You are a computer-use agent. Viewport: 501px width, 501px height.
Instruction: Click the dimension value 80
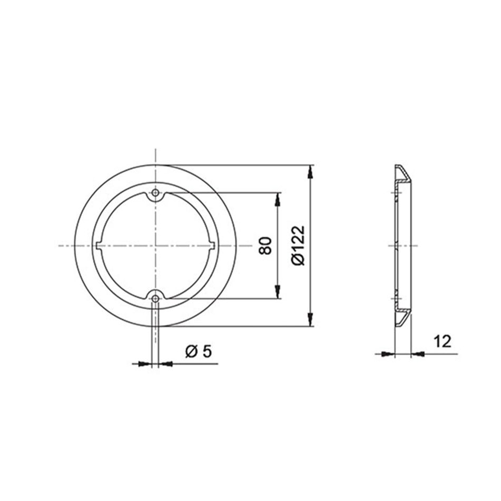tap(266, 246)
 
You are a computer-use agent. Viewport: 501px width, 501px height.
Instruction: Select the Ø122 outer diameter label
tap(299, 245)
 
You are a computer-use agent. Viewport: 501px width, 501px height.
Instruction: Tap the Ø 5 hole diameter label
tap(198, 351)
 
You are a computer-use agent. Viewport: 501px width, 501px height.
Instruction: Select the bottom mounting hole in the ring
tap(155, 299)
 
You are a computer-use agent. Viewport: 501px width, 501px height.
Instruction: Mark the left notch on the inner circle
tap(100, 246)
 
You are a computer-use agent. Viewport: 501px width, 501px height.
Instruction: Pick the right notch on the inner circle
tap(212, 246)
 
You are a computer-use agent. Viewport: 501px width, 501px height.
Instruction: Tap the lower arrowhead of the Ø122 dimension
tap(312, 321)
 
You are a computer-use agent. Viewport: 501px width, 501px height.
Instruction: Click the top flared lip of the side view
tap(402, 173)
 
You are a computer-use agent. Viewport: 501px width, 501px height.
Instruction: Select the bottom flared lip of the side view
tap(402, 319)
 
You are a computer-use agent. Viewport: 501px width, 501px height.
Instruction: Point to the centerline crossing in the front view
tap(155, 246)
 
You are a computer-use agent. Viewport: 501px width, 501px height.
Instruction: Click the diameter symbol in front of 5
tap(192, 351)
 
